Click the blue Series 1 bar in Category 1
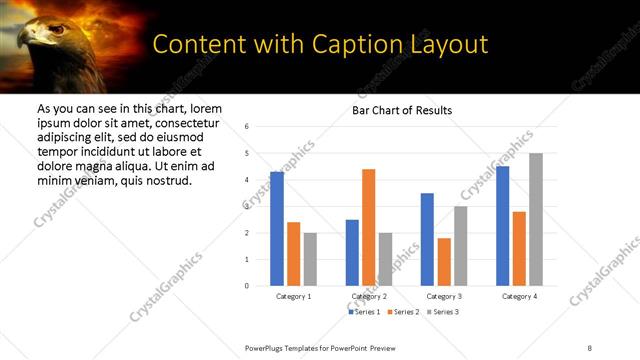click(x=277, y=229)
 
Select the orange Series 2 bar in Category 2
click(x=368, y=227)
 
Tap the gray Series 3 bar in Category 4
click(x=536, y=219)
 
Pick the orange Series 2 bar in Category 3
click(x=444, y=262)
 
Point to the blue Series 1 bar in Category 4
click(x=502, y=226)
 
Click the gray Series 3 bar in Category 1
click(x=310, y=259)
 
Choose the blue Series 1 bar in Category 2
click(x=352, y=253)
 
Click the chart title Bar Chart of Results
click(x=402, y=110)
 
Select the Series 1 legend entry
click(x=364, y=313)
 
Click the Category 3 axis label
click(x=444, y=297)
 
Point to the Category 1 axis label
click(x=294, y=297)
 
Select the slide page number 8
click(x=590, y=347)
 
